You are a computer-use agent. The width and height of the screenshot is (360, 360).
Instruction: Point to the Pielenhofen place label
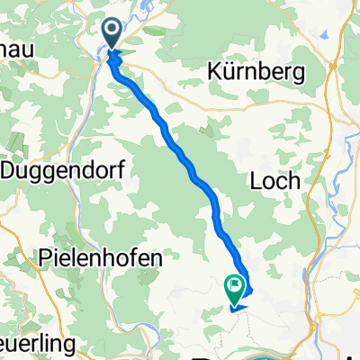pos(101,257)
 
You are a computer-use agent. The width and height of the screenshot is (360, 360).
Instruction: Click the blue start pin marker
pos(113,34)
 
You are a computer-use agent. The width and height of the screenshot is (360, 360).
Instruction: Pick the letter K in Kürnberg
pos(212,71)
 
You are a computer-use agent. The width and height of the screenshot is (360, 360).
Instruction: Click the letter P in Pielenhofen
pos(46,257)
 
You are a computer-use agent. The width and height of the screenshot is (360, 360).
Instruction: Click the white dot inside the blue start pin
pos(113,31)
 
